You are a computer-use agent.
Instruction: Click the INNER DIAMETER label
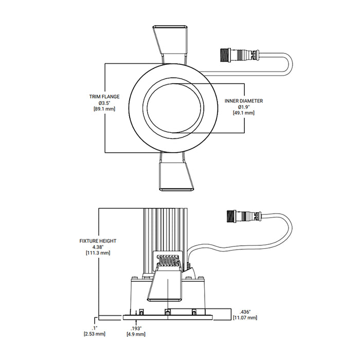pyautogui.click(x=244, y=101)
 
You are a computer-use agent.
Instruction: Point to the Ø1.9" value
pyautogui.click(x=244, y=107)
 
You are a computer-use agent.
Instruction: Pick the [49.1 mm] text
pyautogui.click(x=244, y=113)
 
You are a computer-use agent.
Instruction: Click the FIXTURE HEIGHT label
pyautogui.click(x=98, y=241)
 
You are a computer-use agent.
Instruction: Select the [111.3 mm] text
pyautogui.click(x=98, y=253)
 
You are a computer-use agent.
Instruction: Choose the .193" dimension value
pyautogui.click(x=136, y=328)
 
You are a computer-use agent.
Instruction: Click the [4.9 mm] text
pyautogui.click(x=136, y=334)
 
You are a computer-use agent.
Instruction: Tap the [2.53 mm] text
pyautogui.click(x=94, y=334)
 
